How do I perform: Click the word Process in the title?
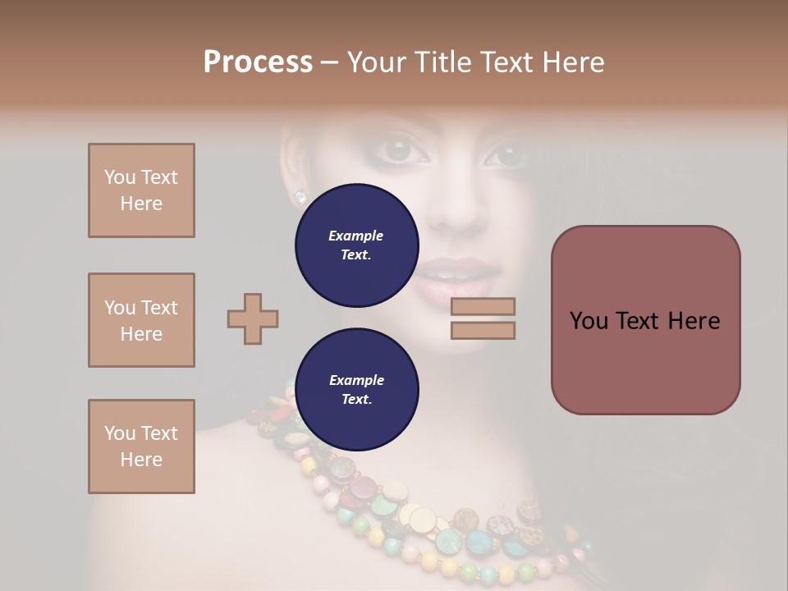258,62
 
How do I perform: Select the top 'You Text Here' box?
141,190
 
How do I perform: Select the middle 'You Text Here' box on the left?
141,320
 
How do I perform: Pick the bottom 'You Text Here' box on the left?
141,447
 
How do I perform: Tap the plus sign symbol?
253,318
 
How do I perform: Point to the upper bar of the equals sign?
483,307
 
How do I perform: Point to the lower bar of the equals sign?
483,331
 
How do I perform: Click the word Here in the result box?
694,321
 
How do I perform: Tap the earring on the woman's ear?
300,197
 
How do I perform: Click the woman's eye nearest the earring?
398,150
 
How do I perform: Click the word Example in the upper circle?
355,236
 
